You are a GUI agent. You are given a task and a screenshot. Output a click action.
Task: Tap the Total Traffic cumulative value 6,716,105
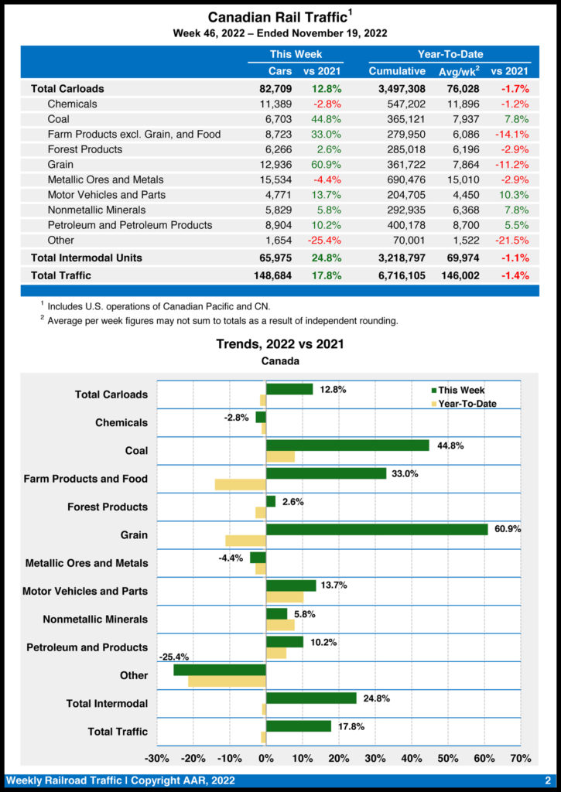[x=397, y=275]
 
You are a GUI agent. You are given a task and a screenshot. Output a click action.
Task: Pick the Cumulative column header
[x=397, y=71]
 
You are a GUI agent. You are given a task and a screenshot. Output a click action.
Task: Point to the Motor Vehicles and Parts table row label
[x=106, y=195]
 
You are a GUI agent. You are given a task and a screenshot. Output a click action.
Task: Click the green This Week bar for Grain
[x=377, y=529]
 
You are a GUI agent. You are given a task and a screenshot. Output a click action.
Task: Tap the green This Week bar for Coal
[x=347, y=445]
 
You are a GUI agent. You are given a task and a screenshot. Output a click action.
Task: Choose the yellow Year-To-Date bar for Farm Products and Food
[x=241, y=484]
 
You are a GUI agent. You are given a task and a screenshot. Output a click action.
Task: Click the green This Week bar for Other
[x=220, y=670]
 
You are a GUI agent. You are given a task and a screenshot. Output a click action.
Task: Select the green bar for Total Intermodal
[x=311, y=698]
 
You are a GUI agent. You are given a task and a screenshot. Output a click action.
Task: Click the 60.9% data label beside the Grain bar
[x=508, y=529]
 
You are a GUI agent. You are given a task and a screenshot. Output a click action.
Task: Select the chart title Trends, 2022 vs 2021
[x=280, y=344]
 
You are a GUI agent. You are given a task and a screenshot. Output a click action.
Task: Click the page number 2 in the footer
[x=547, y=781]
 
